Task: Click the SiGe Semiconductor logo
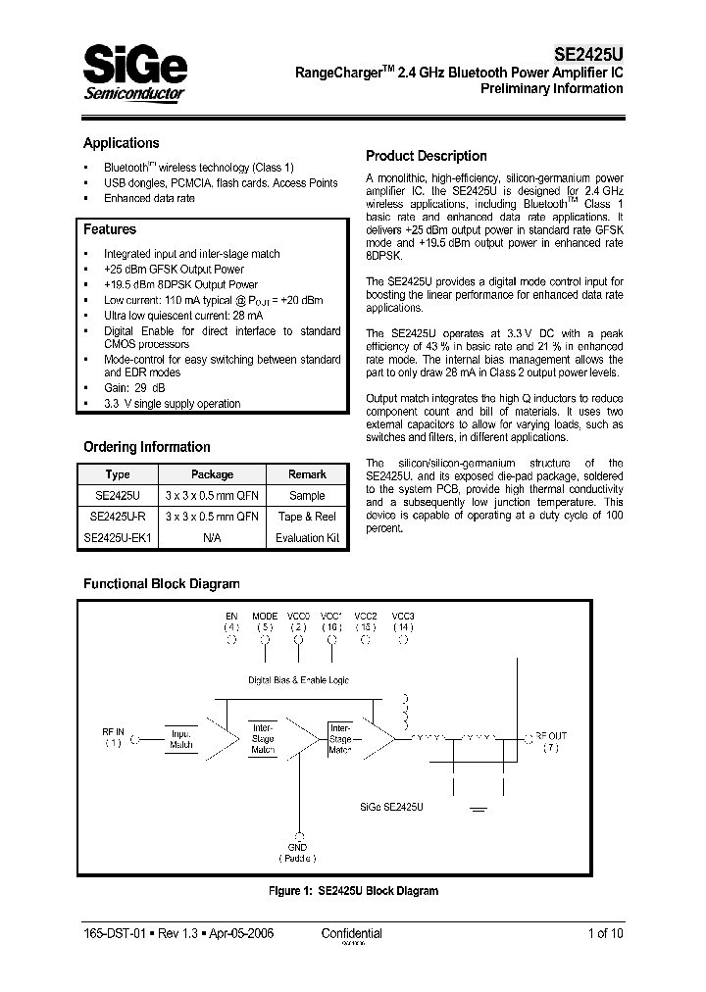pyautogui.click(x=134, y=74)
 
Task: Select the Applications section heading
pyautogui.click(x=121, y=143)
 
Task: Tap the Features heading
pyautogui.click(x=110, y=229)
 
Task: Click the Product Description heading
pyautogui.click(x=426, y=156)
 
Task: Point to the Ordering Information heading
pyautogui.click(x=146, y=447)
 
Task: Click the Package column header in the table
pyautogui.click(x=212, y=474)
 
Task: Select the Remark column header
pyautogui.click(x=307, y=474)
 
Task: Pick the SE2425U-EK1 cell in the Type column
pyautogui.click(x=117, y=537)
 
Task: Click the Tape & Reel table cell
pyautogui.click(x=307, y=517)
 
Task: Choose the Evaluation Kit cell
pyautogui.click(x=307, y=537)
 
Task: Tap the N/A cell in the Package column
pyautogui.click(x=212, y=537)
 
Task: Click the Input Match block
pyautogui.click(x=181, y=739)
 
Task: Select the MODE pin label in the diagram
pyautogui.click(x=265, y=616)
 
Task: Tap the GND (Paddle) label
pyautogui.click(x=297, y=852)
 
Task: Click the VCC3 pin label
pyautogui.click(x=403, y=616)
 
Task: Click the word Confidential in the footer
pyautogui.click(x=351, y=934)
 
